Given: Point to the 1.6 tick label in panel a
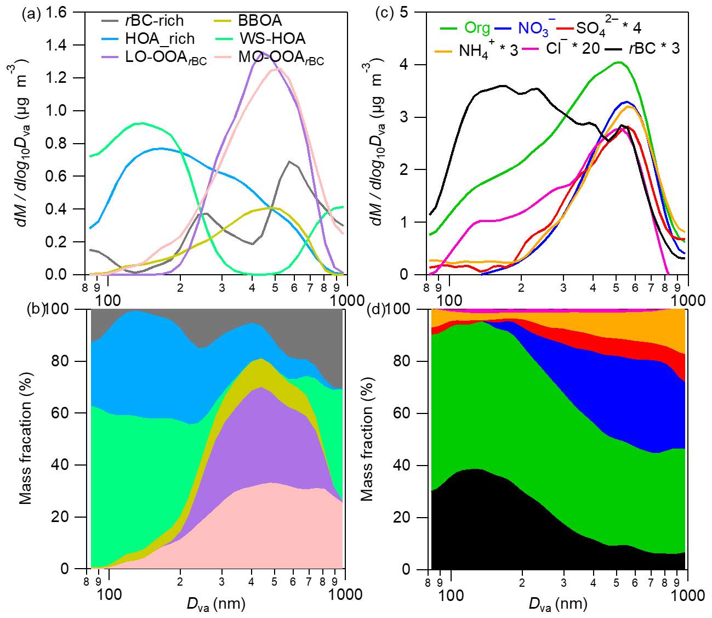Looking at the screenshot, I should tap(56, 12).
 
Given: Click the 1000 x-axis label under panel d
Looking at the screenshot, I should tap(688, 594).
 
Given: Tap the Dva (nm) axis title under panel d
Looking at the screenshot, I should tap(557, 604).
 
